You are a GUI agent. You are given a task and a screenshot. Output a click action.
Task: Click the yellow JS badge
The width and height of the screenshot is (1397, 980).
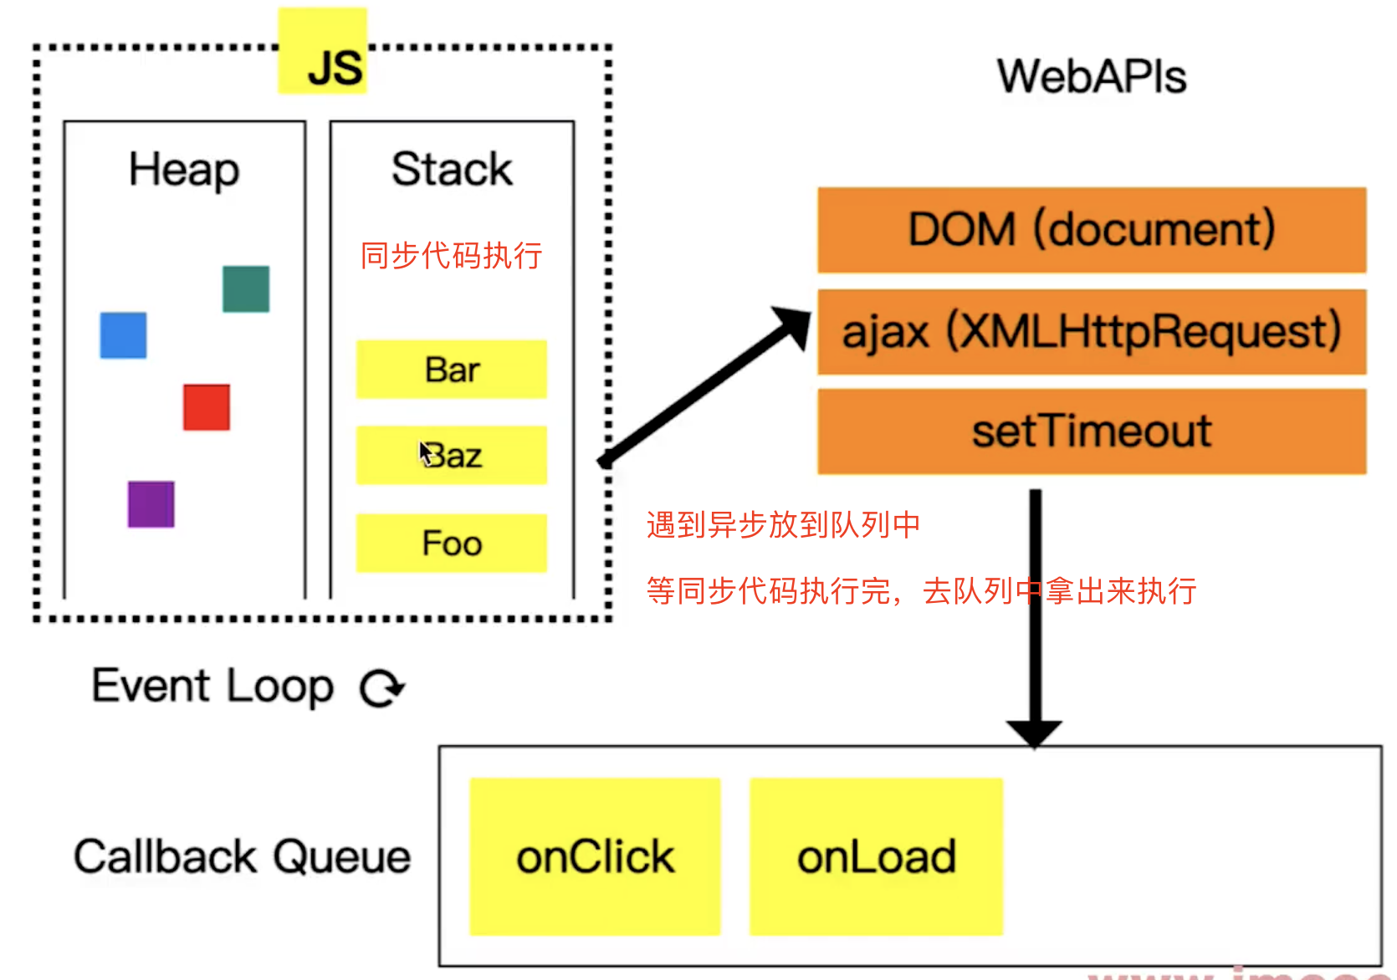tap(323, 52)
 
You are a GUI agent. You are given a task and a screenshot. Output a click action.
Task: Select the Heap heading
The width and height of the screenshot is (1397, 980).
tap(184, 170)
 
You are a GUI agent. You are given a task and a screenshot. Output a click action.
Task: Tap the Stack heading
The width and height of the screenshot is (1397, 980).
tap(452, 170)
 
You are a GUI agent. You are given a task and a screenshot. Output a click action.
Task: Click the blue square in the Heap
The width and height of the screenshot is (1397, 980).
tap(123, 335)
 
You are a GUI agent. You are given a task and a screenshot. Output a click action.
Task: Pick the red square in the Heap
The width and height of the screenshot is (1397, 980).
tap(207, 407)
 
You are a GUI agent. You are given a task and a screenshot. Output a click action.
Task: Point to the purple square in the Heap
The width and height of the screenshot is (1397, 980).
tap(151, 504)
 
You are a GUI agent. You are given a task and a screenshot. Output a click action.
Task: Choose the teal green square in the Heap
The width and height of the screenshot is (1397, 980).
tap(246, 289)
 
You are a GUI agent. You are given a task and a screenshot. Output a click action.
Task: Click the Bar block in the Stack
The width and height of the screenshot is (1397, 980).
tap(452, 370)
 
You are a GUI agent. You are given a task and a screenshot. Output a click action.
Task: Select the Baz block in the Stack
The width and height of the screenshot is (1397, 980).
tap(452, 456)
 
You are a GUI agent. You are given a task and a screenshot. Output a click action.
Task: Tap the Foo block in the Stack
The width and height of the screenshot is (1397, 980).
tap(452, 544)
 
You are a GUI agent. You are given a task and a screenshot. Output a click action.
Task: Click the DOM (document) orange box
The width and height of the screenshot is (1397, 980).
tap(1092, 230)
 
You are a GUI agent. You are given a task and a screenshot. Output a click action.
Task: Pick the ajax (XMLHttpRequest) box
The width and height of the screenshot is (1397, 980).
tap(1092, 332)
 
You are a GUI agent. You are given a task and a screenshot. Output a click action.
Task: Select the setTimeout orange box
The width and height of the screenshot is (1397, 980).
tap(1092, 431)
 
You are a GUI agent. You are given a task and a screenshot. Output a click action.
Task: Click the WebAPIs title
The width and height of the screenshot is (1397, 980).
tap(1092, 77)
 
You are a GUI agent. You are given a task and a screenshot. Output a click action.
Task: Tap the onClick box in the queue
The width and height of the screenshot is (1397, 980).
tap(595, 857)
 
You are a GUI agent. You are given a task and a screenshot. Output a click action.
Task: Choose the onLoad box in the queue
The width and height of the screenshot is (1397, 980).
tap(876, 857)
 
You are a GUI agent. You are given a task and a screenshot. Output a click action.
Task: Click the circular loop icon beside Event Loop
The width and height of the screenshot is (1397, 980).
tap(381, 688)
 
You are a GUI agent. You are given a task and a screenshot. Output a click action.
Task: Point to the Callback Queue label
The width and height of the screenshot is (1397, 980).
tap(243, 857)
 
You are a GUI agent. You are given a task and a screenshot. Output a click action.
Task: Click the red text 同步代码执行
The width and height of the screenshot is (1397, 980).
tap(452, 256)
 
